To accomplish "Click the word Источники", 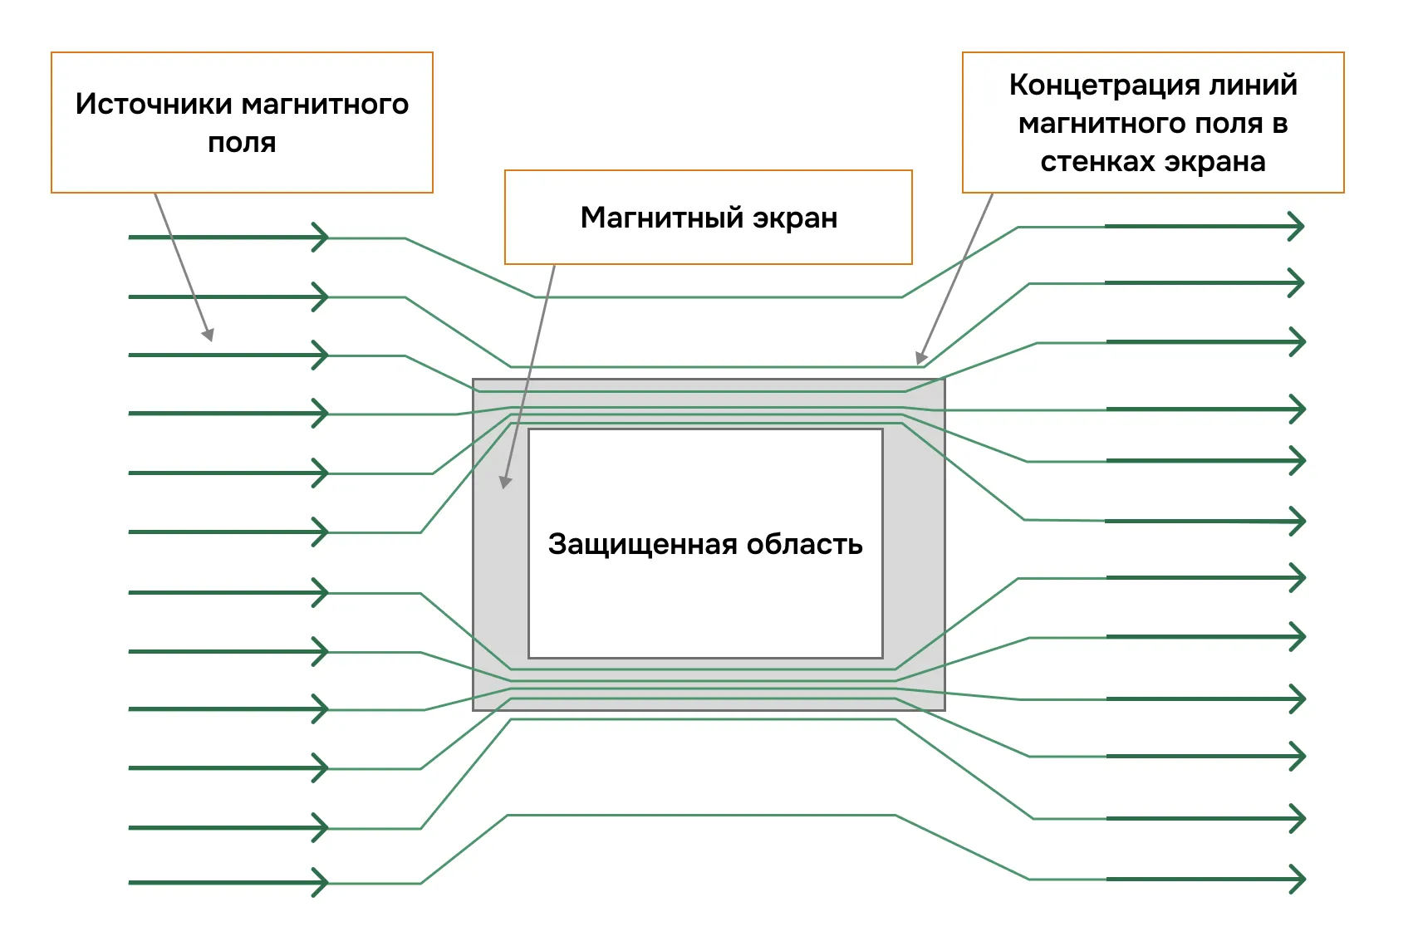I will [153, 105].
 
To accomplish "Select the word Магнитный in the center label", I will [661, 218].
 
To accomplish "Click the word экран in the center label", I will [795, 218].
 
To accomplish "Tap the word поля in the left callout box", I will [242, 143].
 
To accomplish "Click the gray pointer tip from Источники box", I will [209, 336].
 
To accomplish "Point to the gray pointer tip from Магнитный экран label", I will [504, 483].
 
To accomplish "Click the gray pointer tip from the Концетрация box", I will [920, 360].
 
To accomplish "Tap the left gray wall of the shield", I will [500, 565].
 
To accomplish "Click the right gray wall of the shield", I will [913, 565].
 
